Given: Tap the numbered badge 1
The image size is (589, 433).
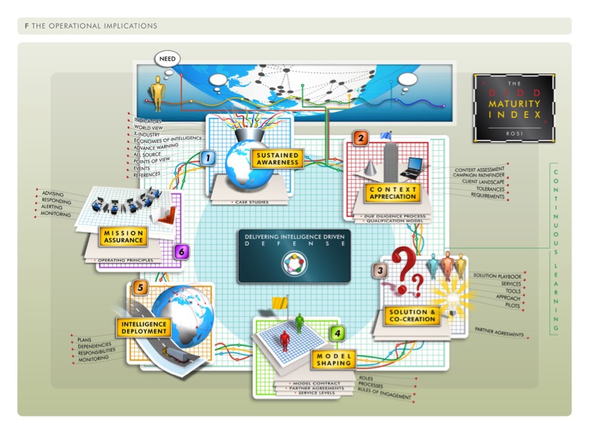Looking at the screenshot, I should (206, 158).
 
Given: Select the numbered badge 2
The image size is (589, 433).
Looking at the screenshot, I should (360, 138).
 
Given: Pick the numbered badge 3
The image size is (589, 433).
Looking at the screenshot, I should (380, 270).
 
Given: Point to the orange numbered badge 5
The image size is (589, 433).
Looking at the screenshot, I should (140, 288).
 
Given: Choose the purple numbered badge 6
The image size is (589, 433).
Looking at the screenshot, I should (181, 252).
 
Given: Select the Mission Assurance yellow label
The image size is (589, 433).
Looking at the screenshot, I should (122, 236).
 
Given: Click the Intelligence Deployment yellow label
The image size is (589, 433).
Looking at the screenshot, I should (143, 327).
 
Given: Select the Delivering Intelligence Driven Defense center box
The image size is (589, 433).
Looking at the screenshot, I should (294, 256).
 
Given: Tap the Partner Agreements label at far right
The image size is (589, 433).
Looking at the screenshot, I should (499, 334).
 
